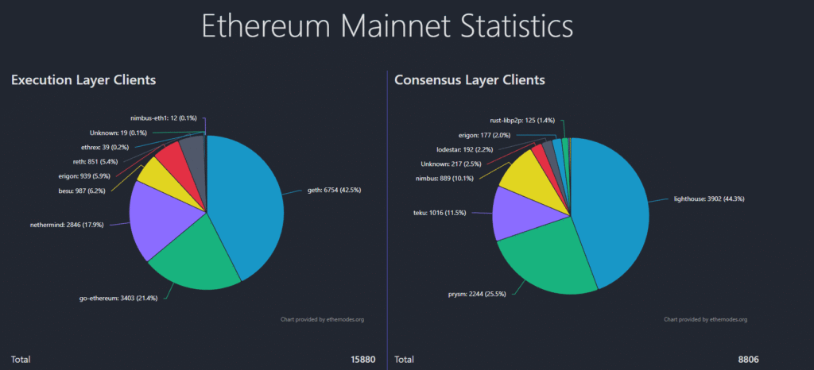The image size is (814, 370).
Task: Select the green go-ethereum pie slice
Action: [195, 258]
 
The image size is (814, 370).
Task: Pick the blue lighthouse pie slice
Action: [612, 206]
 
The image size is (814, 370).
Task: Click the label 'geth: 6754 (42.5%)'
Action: [337, 191]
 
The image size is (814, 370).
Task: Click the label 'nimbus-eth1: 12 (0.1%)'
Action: [164, 118]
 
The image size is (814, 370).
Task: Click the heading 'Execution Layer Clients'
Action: [83, 80]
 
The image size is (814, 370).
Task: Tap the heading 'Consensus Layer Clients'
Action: [469, 80]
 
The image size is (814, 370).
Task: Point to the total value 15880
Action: [362, 360]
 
